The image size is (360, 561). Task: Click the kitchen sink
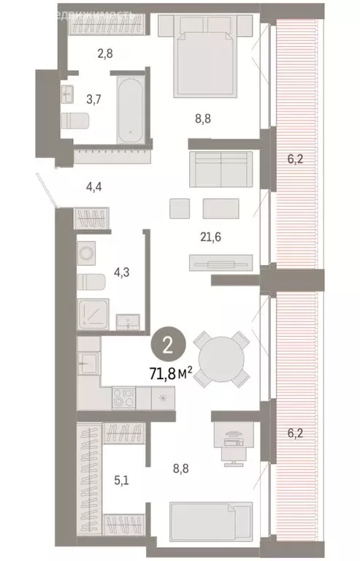pyautogui.click(x=88, y=362)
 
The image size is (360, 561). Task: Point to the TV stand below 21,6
pyautogui.click(x=220, y=261)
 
